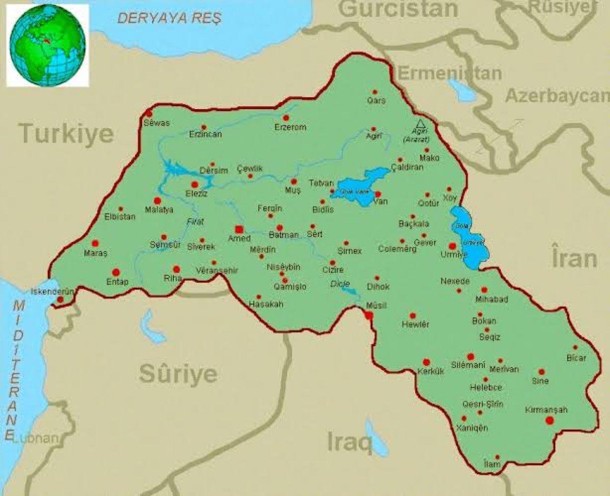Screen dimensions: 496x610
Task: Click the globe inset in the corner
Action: (x=47, y=44)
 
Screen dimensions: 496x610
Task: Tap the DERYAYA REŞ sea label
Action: (x=169, y=19)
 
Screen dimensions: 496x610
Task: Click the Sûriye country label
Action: (x=178, y=375)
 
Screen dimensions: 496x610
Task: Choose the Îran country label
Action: (x=574, y=258)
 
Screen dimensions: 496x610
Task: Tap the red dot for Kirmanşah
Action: (x=548, y=420)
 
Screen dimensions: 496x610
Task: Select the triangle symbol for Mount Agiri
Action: (x=420, y=123)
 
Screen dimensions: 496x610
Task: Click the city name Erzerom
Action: (x=290, y=127)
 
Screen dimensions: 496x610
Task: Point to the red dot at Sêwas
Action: (x=149, y=113)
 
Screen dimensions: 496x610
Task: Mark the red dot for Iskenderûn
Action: (x=60, y=300)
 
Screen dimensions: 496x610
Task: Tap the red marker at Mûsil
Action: (x=369, y=315)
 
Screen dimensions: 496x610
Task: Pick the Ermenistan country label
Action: (x=449, y=73)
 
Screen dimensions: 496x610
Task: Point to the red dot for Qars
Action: (x=375, y=92)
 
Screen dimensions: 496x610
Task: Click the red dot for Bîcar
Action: (x=575, y=348)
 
